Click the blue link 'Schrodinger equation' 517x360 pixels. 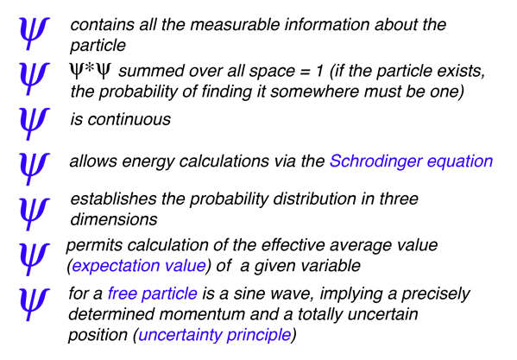(x=411, y=161)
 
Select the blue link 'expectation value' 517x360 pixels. (x=139, y=266)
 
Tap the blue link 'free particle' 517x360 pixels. (x=153, y=294)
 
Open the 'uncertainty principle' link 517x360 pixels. (x=215, y=335)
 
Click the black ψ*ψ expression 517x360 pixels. (x=90, y=71)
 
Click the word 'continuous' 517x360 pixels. (x=129, y=119)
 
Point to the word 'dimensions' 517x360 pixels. (x=114, y=219)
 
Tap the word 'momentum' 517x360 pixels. (x=202, y=314)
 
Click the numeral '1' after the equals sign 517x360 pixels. (x=319, y=71)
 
